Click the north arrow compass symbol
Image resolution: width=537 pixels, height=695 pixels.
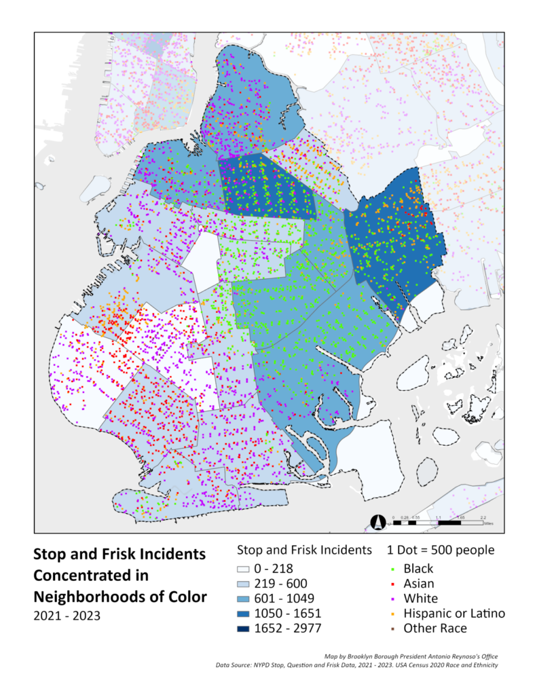[378, 523]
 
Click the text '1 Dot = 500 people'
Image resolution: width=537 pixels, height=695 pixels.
[440, 550]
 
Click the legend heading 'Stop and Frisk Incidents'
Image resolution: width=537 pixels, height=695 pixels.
[303, 550]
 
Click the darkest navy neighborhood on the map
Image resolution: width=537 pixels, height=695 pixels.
[268, 187]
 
